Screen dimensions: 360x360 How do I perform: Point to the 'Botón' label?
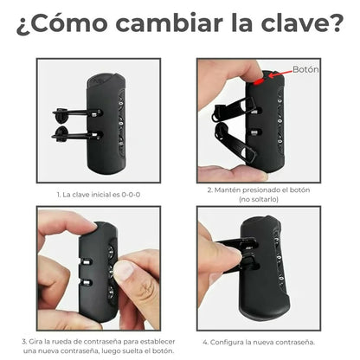pos(306,70)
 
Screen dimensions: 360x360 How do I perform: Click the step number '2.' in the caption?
pos(211,189)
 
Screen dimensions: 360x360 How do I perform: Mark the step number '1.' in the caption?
pos(59,195)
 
